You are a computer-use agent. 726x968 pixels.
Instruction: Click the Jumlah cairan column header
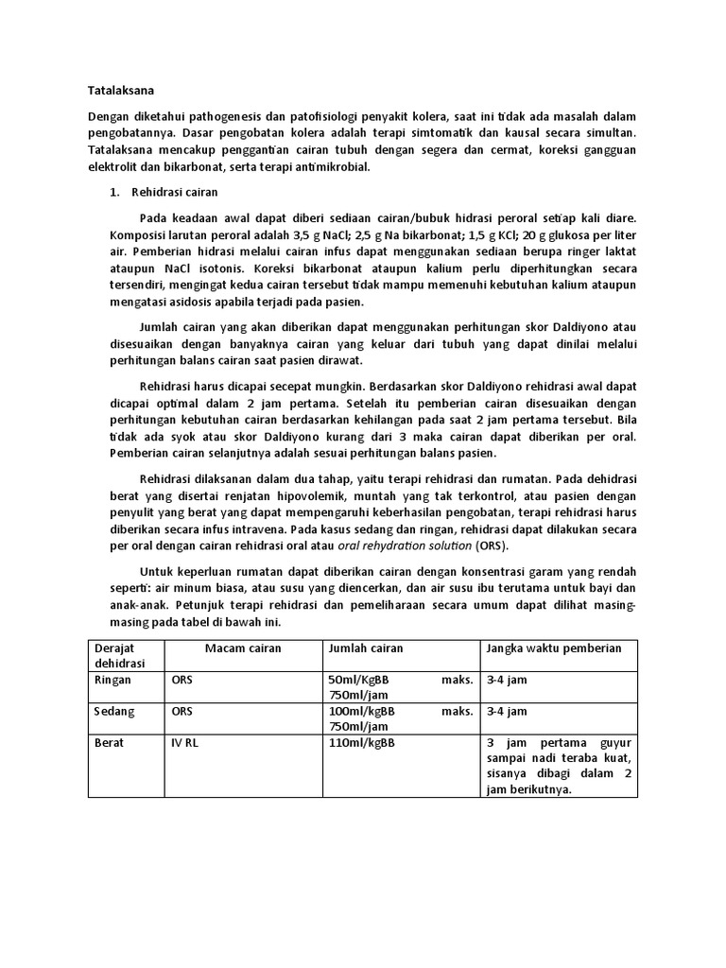pyautogui.click(x=365, y=648)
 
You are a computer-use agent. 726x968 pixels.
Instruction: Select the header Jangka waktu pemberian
pyautogui.click(x=553, y=648)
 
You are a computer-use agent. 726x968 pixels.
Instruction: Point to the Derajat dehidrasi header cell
pyautogui.click(x=116, y=655)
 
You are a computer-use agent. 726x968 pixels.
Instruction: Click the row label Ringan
pyautogui.click(x=112, y=680)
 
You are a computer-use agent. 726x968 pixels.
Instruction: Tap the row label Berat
pyautogui.click(x=110, y=743)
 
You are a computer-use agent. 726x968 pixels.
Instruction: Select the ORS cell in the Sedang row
pyautogui.click(x=181, y=711)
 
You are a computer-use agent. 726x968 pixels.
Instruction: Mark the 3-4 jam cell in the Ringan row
pyautogui.click(x=507, y=680)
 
